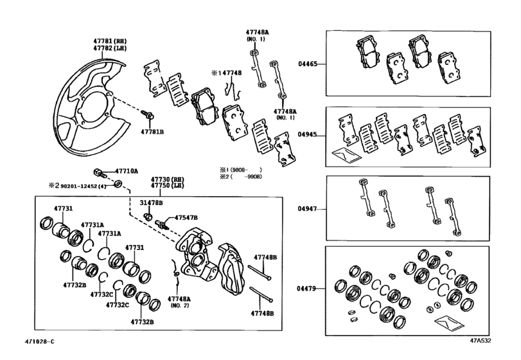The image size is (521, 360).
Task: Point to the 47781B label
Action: (x=153, y=131)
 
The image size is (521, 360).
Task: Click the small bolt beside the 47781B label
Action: (x=147, y=115)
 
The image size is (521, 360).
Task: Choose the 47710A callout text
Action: (x=127, y=172)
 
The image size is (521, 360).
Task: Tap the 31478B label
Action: (x=152, y=203)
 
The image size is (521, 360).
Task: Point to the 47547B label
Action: (x=186, y=218)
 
